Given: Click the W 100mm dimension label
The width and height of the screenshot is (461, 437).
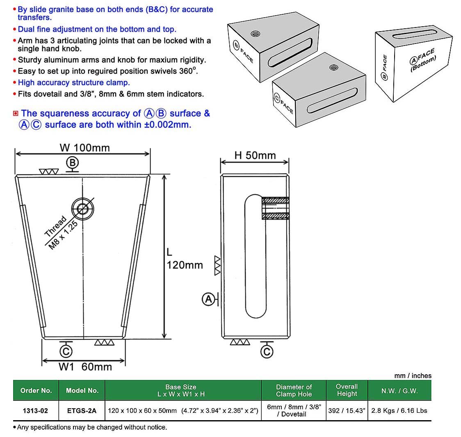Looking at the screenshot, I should (x=84, y=148).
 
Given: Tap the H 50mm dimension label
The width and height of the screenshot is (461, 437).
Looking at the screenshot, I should (x=255, y=155).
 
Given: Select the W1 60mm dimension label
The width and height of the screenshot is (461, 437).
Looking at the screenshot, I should (x=85, y=366).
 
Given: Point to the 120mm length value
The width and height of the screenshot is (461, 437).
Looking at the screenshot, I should (x=185, y=265).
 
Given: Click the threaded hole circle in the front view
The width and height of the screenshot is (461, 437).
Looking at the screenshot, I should (x=83, y=208).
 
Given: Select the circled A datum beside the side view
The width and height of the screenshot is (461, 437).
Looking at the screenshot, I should (x=209, y=300).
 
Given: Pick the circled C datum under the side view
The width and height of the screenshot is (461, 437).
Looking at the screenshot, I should (x=267, y=351).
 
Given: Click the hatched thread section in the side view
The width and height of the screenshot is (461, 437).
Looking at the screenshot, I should (x=276, y=208).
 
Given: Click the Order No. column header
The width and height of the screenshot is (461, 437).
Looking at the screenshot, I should (x=36, y=390).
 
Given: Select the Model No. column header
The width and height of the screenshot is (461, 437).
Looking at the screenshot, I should (x=82, y=390).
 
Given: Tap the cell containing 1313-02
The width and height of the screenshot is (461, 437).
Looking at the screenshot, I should (x=36, y=410).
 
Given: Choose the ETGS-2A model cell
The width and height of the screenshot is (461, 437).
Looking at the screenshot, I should (x=82, y=410).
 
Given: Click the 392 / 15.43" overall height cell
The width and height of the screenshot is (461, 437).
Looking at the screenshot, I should (x=347, y=410).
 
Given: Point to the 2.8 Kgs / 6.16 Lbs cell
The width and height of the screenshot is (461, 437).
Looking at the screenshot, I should (x=399, y=410).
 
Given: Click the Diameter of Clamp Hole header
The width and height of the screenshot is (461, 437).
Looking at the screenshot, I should (x=294, y=390).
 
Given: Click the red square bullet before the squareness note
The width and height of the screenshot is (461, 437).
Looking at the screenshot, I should (x=16, y=113).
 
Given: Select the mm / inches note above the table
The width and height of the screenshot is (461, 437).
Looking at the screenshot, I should (x=413, y=375).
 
